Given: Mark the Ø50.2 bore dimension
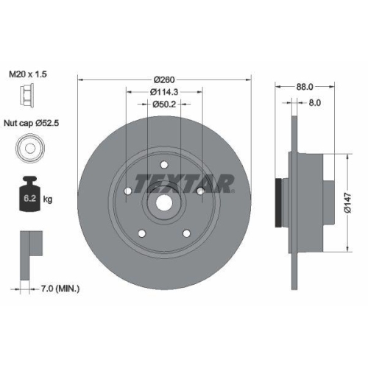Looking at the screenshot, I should pyautogui.click(x=165, y=104).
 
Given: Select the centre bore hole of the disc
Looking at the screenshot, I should pyautogui.click(x=164, y=204).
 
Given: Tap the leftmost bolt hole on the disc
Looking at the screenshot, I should pyautogui.click(x=128, y=192).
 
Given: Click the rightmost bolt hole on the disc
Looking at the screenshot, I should pyautogui.click(x=200, y=192).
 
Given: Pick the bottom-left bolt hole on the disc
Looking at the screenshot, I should pyautogui.click(x=142, y=235).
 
